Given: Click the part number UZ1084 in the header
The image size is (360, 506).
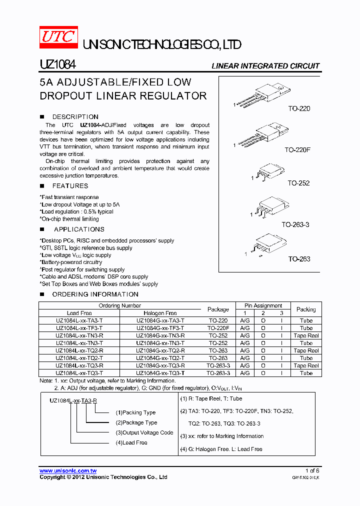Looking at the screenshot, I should (x=57, y=65).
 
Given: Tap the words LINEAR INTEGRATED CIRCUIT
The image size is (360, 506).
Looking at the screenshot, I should (x=265, y=66).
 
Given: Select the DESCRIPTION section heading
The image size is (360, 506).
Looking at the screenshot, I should (x=75, y=117).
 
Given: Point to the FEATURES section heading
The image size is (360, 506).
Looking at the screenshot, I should (x=70, y=186).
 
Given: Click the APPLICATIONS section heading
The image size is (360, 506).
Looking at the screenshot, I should (x=79, y=229).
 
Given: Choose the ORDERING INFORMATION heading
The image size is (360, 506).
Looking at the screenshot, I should (x=95, y=294).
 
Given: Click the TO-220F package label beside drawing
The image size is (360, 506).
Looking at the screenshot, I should (x=297, y=150).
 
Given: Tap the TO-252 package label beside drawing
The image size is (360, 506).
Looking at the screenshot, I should (x=298, y=183).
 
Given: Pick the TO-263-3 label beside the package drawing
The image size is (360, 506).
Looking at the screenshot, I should (x=295, y=225).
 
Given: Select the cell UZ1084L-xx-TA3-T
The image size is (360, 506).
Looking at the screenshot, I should (x=79, y=320).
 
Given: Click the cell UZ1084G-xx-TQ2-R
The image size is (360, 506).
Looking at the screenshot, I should (x=160, y=350).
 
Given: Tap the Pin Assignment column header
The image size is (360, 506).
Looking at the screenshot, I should (x=263, y=305).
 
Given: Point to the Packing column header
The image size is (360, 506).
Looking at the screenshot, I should (x=306, y=309).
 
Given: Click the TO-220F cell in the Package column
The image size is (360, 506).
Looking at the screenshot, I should (x=218, y=328).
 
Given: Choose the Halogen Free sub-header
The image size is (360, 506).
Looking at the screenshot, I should (x=160, y=313).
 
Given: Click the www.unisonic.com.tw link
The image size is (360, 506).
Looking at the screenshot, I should (x=68, y=471).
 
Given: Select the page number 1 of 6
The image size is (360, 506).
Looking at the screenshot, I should (x=312, y=471).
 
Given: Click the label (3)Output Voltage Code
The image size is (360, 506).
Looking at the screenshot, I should (x=144, y=432).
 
